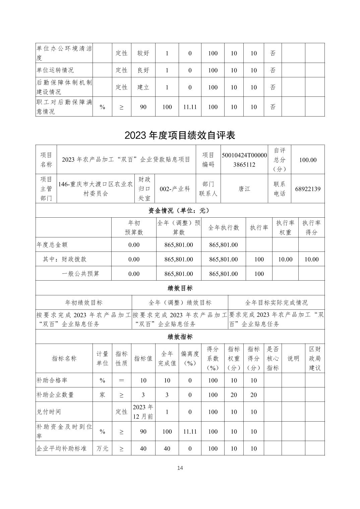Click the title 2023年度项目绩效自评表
tap(180, 135)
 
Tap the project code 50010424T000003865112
tap(244, 160)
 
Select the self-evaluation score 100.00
tap(308, 160)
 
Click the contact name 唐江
tap(244, 189)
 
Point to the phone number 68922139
tap(308, 189)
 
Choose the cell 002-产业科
tap(175, 189)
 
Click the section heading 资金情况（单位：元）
tap(180, 211)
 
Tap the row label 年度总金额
tap(52, 245)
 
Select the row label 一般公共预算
tap(81, 274)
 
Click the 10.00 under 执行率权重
tap(285, 259)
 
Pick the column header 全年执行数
tap(224, 228)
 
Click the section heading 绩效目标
tap(180, 288)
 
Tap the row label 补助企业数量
tap(55, 395)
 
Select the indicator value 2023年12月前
tap(143, 412)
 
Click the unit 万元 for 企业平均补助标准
tap(102, 448)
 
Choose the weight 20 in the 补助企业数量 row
tap(234, 395)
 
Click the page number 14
tap(180, 468)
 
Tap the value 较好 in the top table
tap(143, 53)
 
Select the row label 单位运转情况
tap(55, 70)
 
